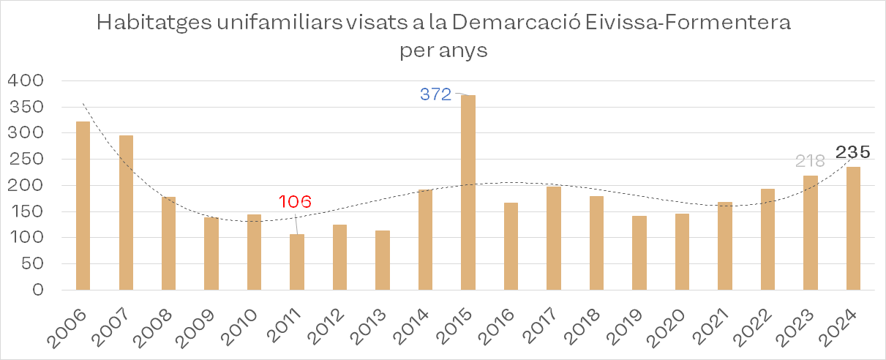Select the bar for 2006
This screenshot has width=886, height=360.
click(83, 206)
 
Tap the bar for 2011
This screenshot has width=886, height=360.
click(297, 262)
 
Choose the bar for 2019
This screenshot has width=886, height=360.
click(639, 252)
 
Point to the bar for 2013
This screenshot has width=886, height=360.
click(383, 260)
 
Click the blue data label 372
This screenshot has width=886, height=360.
click(436, 94)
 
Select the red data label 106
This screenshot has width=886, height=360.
click(296, 201)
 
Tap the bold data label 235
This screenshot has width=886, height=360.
click(853, 152)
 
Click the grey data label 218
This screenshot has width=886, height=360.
click(809, 161)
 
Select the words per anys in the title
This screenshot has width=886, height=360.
click(443, 52)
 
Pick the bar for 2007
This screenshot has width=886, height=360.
click(126, 212)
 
